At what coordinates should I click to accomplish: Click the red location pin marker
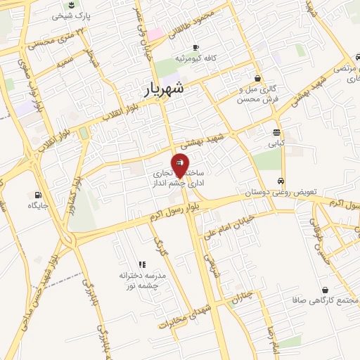[x=180, y=165]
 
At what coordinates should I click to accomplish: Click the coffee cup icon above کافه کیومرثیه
[x=186, y=46]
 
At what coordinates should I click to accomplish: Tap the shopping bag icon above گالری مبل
[x=258, y=78]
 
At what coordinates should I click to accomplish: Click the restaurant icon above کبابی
[x=277, y=131]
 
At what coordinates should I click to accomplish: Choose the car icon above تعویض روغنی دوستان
[x=281, y=180]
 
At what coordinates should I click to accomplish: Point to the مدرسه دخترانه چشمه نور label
[x=141, y=281]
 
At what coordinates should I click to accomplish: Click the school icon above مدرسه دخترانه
[x=141, y=264]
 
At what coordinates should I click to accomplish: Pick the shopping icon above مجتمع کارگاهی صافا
[x=325, y=289]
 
